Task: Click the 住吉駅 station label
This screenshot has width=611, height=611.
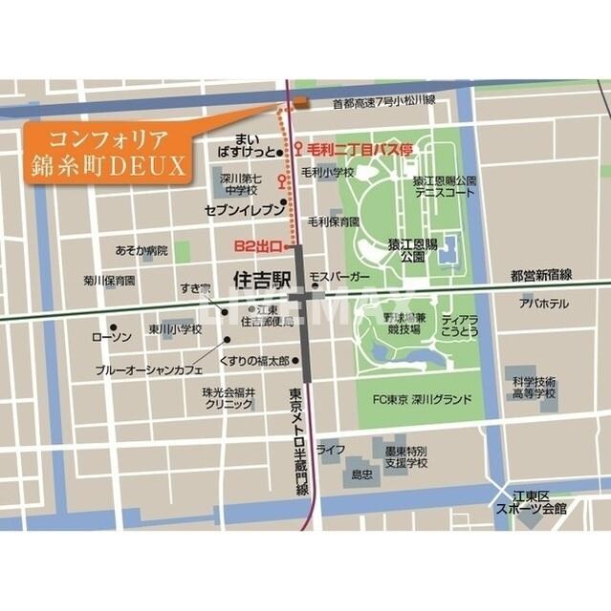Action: tap(262, 279)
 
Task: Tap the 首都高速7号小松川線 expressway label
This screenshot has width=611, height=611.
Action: tap(383, 100)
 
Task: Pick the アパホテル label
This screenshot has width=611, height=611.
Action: tap(544, 304)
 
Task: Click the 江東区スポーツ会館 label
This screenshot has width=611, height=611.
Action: tap(531, 503)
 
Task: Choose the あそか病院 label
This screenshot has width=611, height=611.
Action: tap(141, 250)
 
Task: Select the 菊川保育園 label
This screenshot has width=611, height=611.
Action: tap(109, 282)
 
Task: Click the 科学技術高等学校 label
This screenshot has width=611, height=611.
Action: tap(534, 386)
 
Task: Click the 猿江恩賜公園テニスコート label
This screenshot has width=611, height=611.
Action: tap(444, 186)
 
